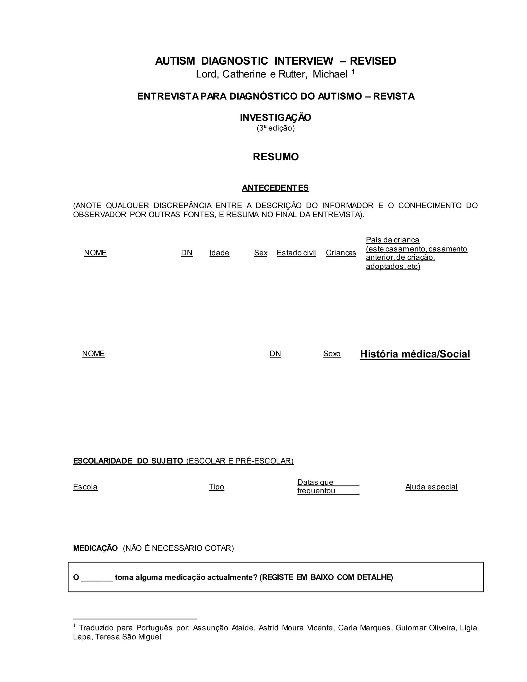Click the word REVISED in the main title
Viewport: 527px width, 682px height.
pos(373,61)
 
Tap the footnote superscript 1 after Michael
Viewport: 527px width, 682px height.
pos(353,72)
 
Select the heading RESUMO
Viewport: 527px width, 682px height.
pos(276,157)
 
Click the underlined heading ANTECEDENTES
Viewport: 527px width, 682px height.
pos(275,188)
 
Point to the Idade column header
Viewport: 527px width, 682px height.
pos(219,253)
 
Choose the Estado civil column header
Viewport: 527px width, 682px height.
pos(296,253)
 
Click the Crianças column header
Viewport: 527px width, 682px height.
pos(341,253)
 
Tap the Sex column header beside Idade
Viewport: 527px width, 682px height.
pos(260,253)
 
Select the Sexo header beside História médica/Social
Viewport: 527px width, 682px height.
pos(331,354)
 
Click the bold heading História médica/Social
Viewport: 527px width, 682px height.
pos(415,354)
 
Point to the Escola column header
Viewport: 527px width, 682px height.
pos(85,487)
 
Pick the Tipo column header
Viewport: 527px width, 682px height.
pos(216,487)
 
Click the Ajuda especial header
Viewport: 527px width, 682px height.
pos(431,487)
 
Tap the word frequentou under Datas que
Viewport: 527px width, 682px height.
pos(316,491)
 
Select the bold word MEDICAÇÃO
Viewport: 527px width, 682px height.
pos(95,548)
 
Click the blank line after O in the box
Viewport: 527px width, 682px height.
pos(97,578)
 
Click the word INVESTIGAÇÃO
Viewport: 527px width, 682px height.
pos(275,118)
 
